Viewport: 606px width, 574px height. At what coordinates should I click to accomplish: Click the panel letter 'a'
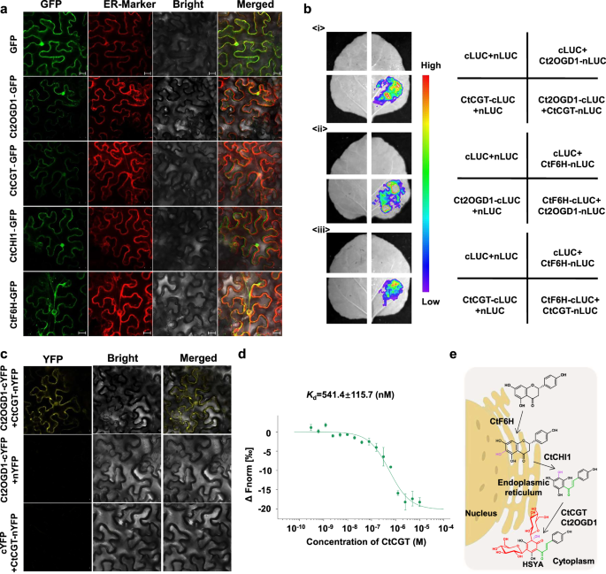pyautogui.click(x=5, y=8)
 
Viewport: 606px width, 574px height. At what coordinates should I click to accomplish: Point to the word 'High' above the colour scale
pyautogui.click(x=430, y=66)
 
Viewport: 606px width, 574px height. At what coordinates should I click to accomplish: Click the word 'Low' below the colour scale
pyautogui.click(x=430, y=302)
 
